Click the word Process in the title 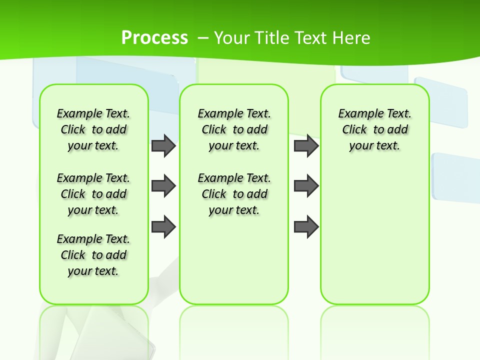point(154,38)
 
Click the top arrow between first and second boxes point(163,145)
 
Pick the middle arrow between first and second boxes point(163,186)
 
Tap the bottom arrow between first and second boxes point(163,227)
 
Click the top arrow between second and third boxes point(306,145)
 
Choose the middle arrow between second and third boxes point(306,186)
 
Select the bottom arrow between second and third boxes point(306,227)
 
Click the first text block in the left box point(93,129)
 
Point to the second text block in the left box point(93,194)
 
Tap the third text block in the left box point(93,255)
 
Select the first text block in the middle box point(234,129)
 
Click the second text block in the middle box point(234,194)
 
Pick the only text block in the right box point(375,129)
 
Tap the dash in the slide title point(203,38)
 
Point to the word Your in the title point(232,38)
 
